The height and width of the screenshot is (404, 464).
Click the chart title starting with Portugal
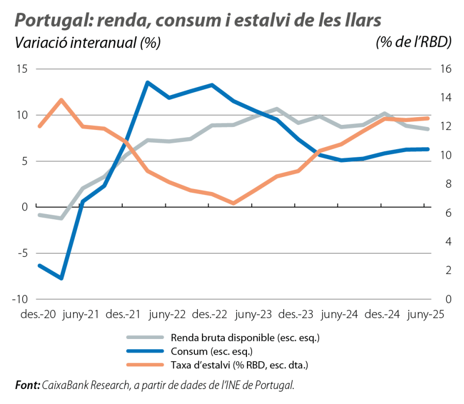[198, 20]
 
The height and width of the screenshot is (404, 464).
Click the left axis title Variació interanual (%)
[88, 43]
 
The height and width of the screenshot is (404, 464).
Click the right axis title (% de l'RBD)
[413, 43]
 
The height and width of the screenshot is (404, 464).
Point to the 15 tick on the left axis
[22, 69]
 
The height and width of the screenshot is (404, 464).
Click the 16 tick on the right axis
[446, 69]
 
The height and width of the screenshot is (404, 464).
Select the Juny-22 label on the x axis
[166, 315]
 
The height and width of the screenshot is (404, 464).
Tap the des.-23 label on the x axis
[294, 315]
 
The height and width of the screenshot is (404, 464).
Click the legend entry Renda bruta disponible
[245, 338]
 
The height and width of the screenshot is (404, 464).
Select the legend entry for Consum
[211, 352]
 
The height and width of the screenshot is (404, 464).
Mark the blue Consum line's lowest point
[62, 279]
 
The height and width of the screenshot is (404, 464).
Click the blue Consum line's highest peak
[147, 82]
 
